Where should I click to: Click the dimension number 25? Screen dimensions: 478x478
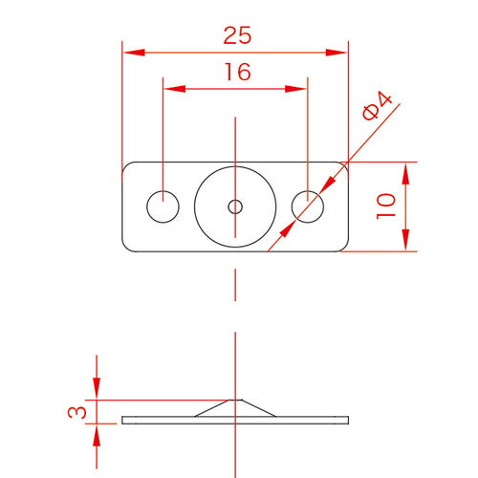[237, 35]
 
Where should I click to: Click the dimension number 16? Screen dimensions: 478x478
[238, 72]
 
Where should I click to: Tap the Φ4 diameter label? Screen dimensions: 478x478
[377, 106]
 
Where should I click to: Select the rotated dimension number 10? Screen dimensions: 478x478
[386, 206]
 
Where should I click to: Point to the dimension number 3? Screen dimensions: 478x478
[76, 412]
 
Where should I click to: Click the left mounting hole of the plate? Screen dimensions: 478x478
[163, 206]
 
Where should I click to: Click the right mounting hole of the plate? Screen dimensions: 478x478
[308, 206]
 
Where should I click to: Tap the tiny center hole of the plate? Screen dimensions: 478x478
[235, 206]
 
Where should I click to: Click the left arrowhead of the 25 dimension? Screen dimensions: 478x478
[134, 53]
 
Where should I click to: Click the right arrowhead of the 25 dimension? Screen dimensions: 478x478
[337, 53]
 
